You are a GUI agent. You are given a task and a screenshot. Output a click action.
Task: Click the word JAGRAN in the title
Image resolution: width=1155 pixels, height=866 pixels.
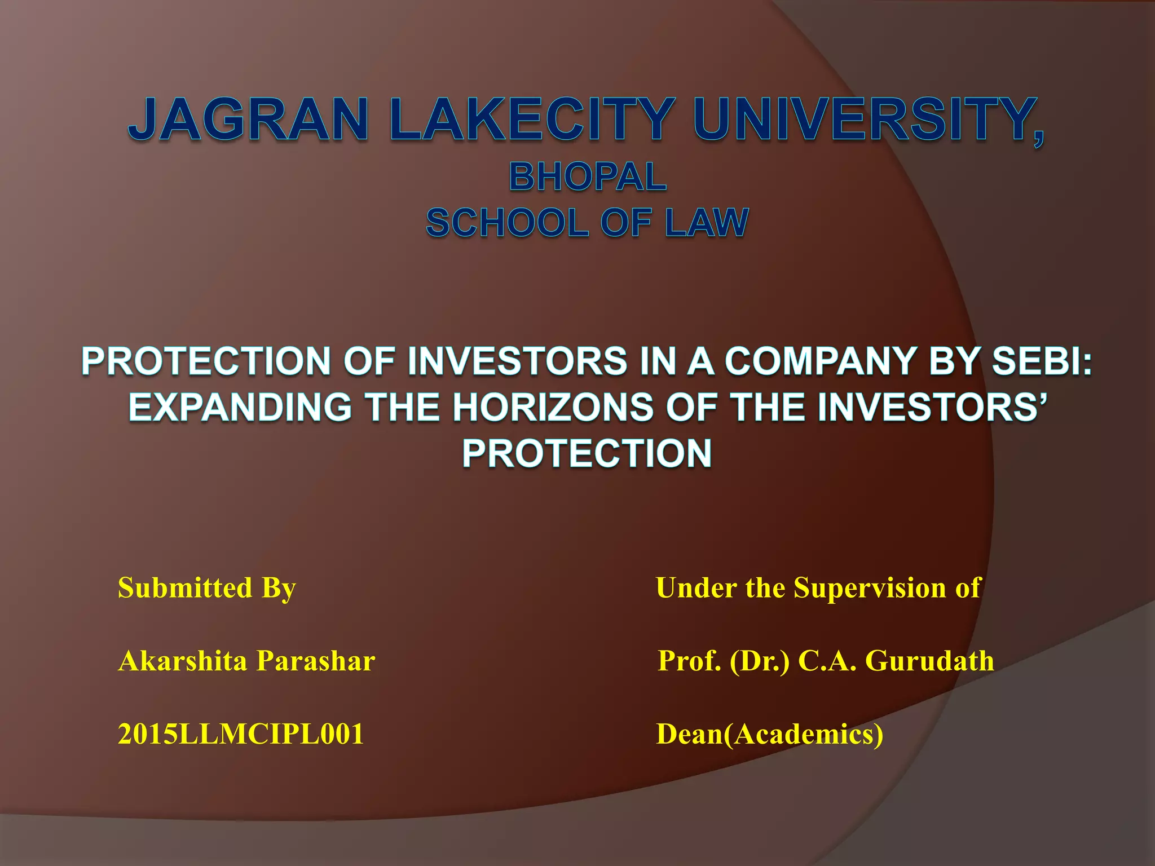click(248, 120)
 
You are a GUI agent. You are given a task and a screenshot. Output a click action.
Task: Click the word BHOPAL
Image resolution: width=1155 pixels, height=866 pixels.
click(588, 176)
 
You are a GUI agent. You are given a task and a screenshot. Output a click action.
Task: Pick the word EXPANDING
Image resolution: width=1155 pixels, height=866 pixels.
click(241, 407)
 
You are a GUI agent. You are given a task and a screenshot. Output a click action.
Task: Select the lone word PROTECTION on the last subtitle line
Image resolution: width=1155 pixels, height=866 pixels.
click(587, 453)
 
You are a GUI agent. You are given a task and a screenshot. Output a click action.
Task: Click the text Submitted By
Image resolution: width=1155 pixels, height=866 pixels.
click(206, 588)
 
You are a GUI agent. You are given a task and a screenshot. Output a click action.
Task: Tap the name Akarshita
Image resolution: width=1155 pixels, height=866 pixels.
click(182, 661)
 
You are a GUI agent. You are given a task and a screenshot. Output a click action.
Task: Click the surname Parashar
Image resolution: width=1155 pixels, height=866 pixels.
click(316, 661)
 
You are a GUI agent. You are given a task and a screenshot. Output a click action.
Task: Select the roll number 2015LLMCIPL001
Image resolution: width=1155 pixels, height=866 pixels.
click(241, 734)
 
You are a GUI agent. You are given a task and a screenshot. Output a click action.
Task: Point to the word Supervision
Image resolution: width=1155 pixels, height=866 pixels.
click(870, 588)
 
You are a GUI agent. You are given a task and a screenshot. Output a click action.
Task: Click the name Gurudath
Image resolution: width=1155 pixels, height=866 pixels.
click(929, 661)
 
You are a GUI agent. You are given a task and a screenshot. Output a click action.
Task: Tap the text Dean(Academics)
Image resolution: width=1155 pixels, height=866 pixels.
click(770, 734)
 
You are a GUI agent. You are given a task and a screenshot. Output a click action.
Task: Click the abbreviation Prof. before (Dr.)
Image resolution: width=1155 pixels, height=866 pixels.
click(689, 661)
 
